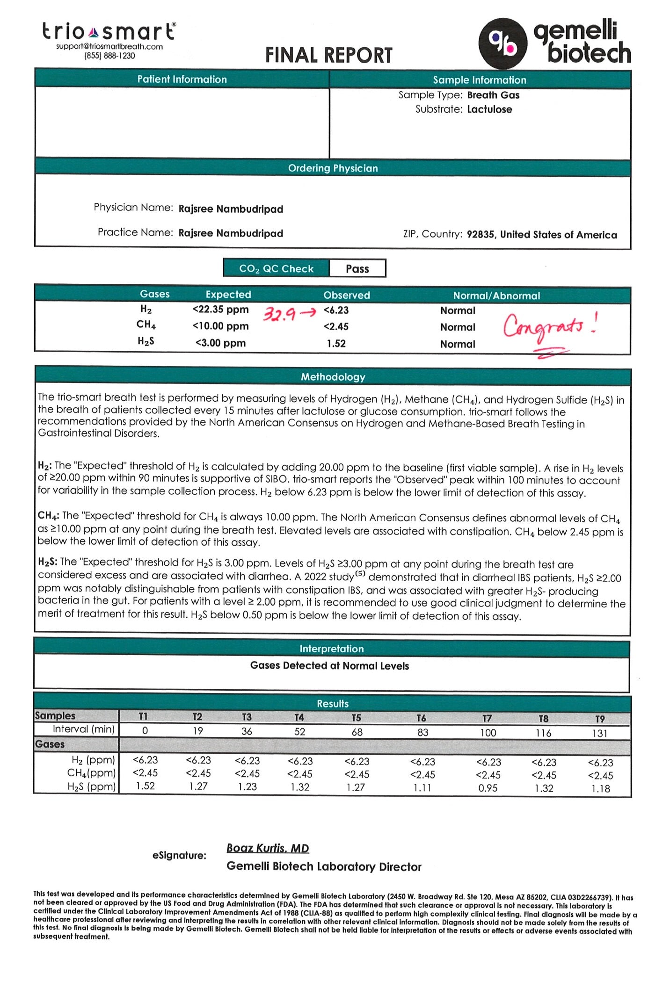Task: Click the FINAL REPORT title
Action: [328, 55]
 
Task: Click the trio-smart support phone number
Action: [109, 56]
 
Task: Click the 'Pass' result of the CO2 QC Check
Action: [357, 269]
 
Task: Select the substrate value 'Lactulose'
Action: [489, 109]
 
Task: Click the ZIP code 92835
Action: [481, 235]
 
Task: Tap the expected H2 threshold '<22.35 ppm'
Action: [220, 310]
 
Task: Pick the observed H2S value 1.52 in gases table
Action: [336, 344]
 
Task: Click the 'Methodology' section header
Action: [333, 377]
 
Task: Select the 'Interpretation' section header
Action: [332, 649]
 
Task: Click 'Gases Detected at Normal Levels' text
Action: [329, 666]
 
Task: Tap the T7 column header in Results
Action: [487, 718]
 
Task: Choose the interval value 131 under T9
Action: [599, 733]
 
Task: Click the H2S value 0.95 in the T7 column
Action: [488, 788]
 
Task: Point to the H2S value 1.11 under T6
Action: [422, 788]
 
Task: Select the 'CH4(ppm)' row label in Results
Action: [91, 773]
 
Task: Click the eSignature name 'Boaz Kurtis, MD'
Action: [268, 848]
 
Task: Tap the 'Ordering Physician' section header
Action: [333, 168]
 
